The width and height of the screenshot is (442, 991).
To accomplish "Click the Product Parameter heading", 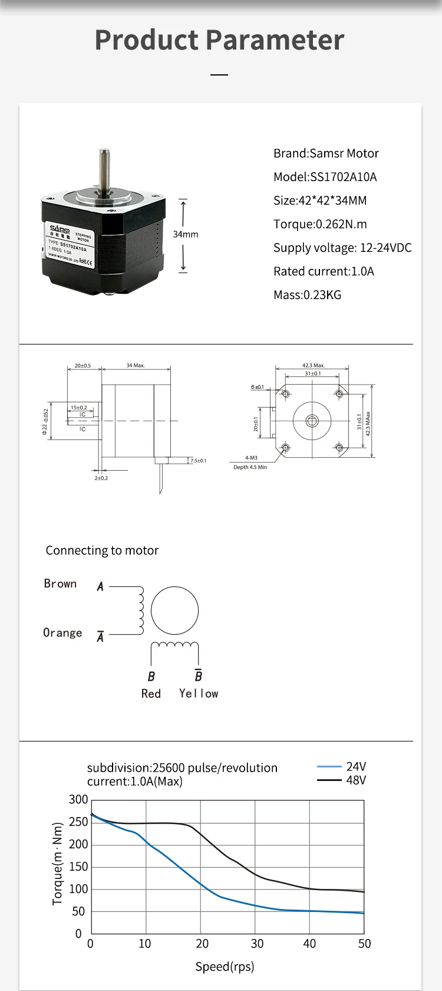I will (219, 40).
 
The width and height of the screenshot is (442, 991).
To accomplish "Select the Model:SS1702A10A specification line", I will (325, 177).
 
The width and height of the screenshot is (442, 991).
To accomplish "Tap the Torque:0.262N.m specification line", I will (320, 224).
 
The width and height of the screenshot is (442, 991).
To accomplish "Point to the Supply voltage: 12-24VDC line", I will (342, 248).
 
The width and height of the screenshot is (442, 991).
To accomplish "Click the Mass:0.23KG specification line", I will (307, 295).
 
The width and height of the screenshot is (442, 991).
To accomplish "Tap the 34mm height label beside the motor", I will (185, 234).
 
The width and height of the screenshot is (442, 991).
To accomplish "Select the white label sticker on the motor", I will (69, 244).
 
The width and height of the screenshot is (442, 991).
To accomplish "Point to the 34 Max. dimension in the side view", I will (136, 366).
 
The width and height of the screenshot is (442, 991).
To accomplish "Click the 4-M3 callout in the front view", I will (251, 458).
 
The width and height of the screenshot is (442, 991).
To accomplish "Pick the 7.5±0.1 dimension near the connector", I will (198, 460).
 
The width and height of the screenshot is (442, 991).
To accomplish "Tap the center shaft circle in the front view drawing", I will (312, 421).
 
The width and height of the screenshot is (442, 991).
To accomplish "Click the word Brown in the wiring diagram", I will (60, 583).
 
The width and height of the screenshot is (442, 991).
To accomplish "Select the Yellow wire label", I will (199, 694).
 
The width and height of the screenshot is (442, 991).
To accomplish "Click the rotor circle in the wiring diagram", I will (174, 611).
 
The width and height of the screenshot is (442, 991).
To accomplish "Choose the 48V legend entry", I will (355, 780).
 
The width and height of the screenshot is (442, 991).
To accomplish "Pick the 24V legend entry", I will (355, 766).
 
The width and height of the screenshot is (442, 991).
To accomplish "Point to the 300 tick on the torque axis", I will (78, 800).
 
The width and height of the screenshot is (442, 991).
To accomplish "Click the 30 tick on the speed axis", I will (257, 944).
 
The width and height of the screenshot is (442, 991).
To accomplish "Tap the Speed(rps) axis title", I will (225, 966).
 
